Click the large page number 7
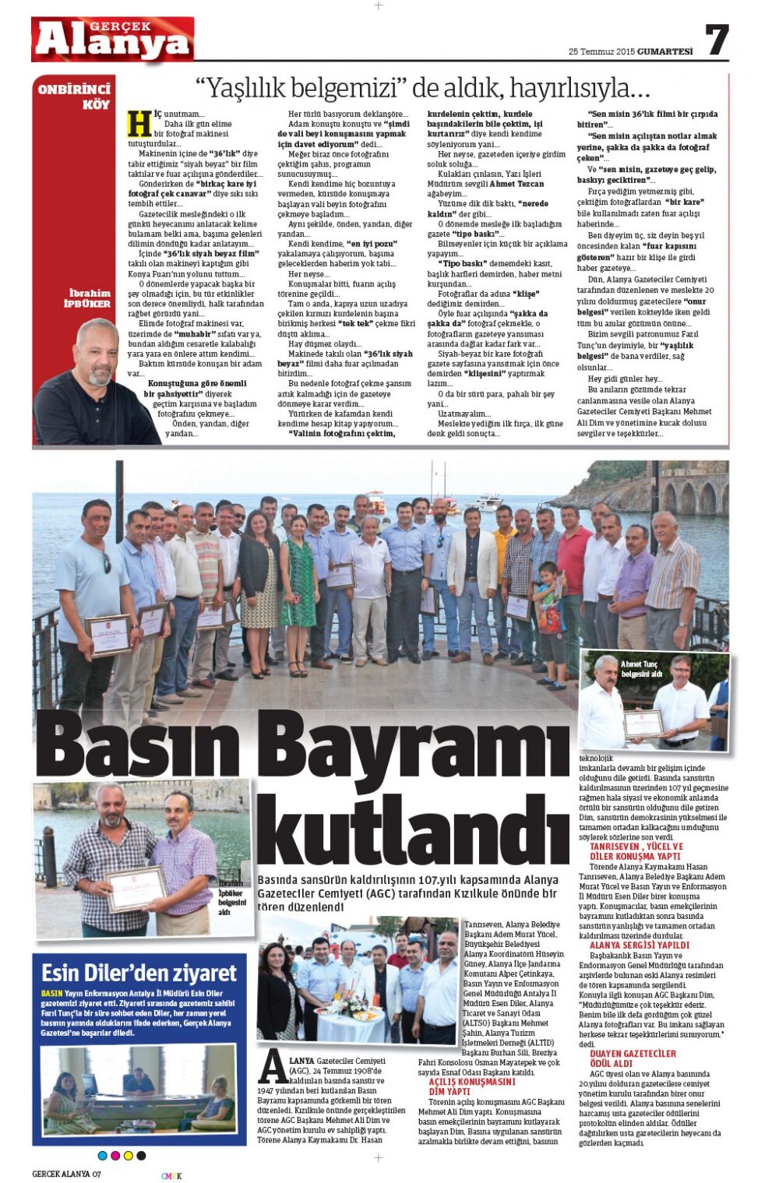coord(716,40)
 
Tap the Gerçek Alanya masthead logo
coord(113,40)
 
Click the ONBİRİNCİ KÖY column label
coord(75,97)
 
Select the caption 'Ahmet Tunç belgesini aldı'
coord(641,668)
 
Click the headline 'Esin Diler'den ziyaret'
coord(139,974)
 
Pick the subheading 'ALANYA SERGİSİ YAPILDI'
coord(639,945)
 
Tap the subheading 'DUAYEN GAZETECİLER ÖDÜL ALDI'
coord(633,1058)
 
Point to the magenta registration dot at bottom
coord(116,1155)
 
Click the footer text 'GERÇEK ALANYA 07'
coord(66,1174)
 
